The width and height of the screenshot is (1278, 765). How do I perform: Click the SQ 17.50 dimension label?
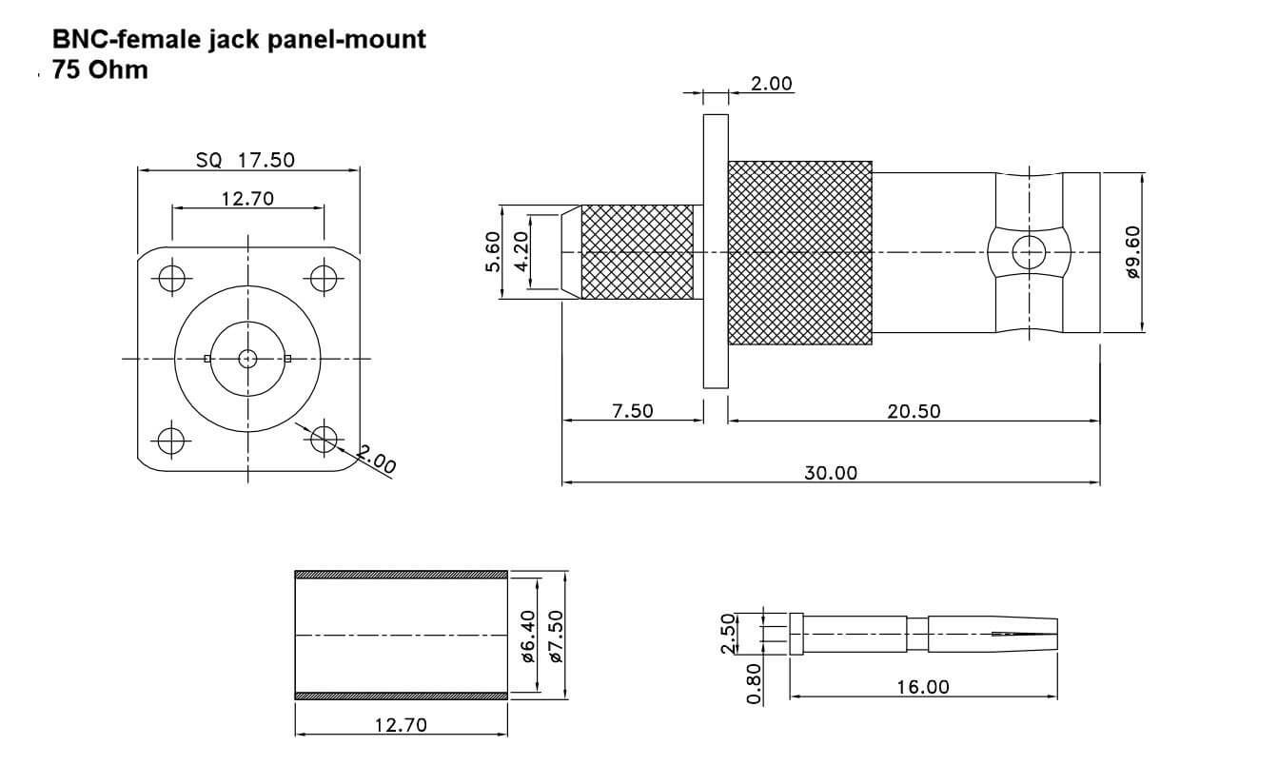[x=245, y=160]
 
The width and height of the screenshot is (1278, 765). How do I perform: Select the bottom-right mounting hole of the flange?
[x=324, y=439]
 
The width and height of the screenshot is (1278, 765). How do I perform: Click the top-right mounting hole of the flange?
[x=324, y=279]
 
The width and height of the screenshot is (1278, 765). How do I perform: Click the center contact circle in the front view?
[x=247, y=359]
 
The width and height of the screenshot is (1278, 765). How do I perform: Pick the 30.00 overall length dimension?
[x=831, y=473]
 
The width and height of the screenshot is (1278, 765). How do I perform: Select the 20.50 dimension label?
[x=913, y=411]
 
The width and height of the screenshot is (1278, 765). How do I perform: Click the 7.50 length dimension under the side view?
[x=632, y=411]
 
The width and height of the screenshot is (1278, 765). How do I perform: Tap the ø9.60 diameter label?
[x=1132, y=252]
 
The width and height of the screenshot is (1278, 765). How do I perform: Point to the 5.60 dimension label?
[x=492, y=253]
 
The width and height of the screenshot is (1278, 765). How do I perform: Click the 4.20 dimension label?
[x=521, y=253]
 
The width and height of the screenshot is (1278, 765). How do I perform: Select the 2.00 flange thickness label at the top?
[x=771, y=84]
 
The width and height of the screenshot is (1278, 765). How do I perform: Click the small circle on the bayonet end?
[x=1027, y=253]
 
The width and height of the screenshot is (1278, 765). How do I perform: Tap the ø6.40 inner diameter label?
[x=528, y=635]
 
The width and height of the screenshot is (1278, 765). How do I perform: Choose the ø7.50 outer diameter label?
[x=557, y=635]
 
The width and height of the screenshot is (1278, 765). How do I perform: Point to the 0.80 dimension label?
[x=755, y=684]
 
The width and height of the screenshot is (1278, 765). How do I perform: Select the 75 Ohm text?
[x=100, y=69]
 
